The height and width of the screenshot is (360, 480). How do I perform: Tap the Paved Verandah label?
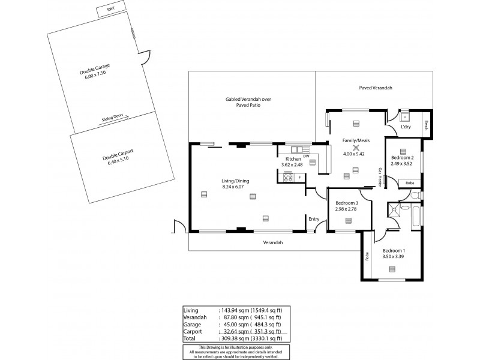pyautogui.click(x=376, y=88)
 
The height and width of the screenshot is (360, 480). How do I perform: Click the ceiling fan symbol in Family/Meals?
pyautogui.click(x=356, y=148)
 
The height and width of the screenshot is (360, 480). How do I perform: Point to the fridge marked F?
pyautogui.click(x=299, y=177)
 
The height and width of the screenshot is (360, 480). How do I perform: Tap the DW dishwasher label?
pyautogui.click(x=306, y=157)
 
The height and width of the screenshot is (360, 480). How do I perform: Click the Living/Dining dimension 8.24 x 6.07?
pyautogui.click(x=218, y=187)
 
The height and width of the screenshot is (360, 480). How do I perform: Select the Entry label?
pyautogui.click(x=314, y=219)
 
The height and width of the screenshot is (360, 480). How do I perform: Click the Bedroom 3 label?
pyautogui.click(x=347, y=203)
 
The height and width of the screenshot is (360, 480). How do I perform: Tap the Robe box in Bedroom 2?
pyautogui.click(x=410, y=182)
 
